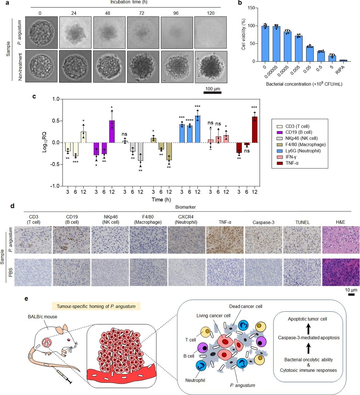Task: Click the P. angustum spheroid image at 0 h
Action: (x=41, y=32)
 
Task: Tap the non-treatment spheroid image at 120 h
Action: (x=211, y=66)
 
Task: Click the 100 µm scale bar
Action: (x=213, y=92)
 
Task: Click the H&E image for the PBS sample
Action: (x=341, y=272)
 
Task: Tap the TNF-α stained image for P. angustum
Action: (x=225, y=240)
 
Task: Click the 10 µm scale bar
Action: (x=351, y=294)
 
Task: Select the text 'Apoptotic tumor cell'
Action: (x=307, y=319)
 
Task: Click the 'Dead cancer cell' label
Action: (x=246, y=306)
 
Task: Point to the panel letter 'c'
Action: (x=34, y=96)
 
